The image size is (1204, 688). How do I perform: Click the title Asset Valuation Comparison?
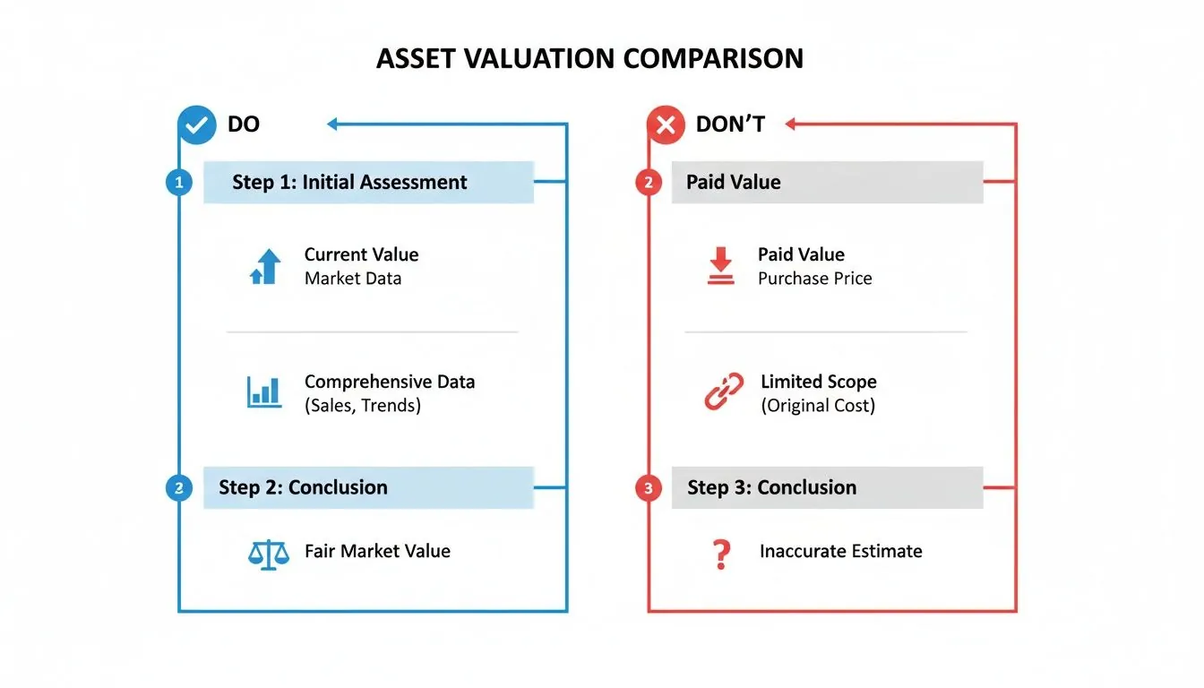589,58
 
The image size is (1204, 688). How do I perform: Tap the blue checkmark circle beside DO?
197,125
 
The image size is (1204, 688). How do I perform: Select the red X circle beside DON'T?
666,125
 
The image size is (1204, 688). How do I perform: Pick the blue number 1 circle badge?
179,183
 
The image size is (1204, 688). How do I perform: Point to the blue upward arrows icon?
265,267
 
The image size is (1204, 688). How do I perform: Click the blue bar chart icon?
264,392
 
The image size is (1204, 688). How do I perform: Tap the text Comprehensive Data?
390,382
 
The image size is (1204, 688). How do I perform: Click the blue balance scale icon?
269,553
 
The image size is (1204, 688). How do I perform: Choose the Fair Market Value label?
377,551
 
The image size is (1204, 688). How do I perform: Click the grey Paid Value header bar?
826,183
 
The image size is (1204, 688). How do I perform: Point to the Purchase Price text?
814,279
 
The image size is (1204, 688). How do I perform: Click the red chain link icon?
724,392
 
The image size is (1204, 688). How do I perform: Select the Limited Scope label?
818,382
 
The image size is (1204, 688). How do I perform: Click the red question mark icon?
719,555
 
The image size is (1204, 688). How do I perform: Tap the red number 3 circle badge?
648,488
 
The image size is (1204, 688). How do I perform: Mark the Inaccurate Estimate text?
840,552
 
